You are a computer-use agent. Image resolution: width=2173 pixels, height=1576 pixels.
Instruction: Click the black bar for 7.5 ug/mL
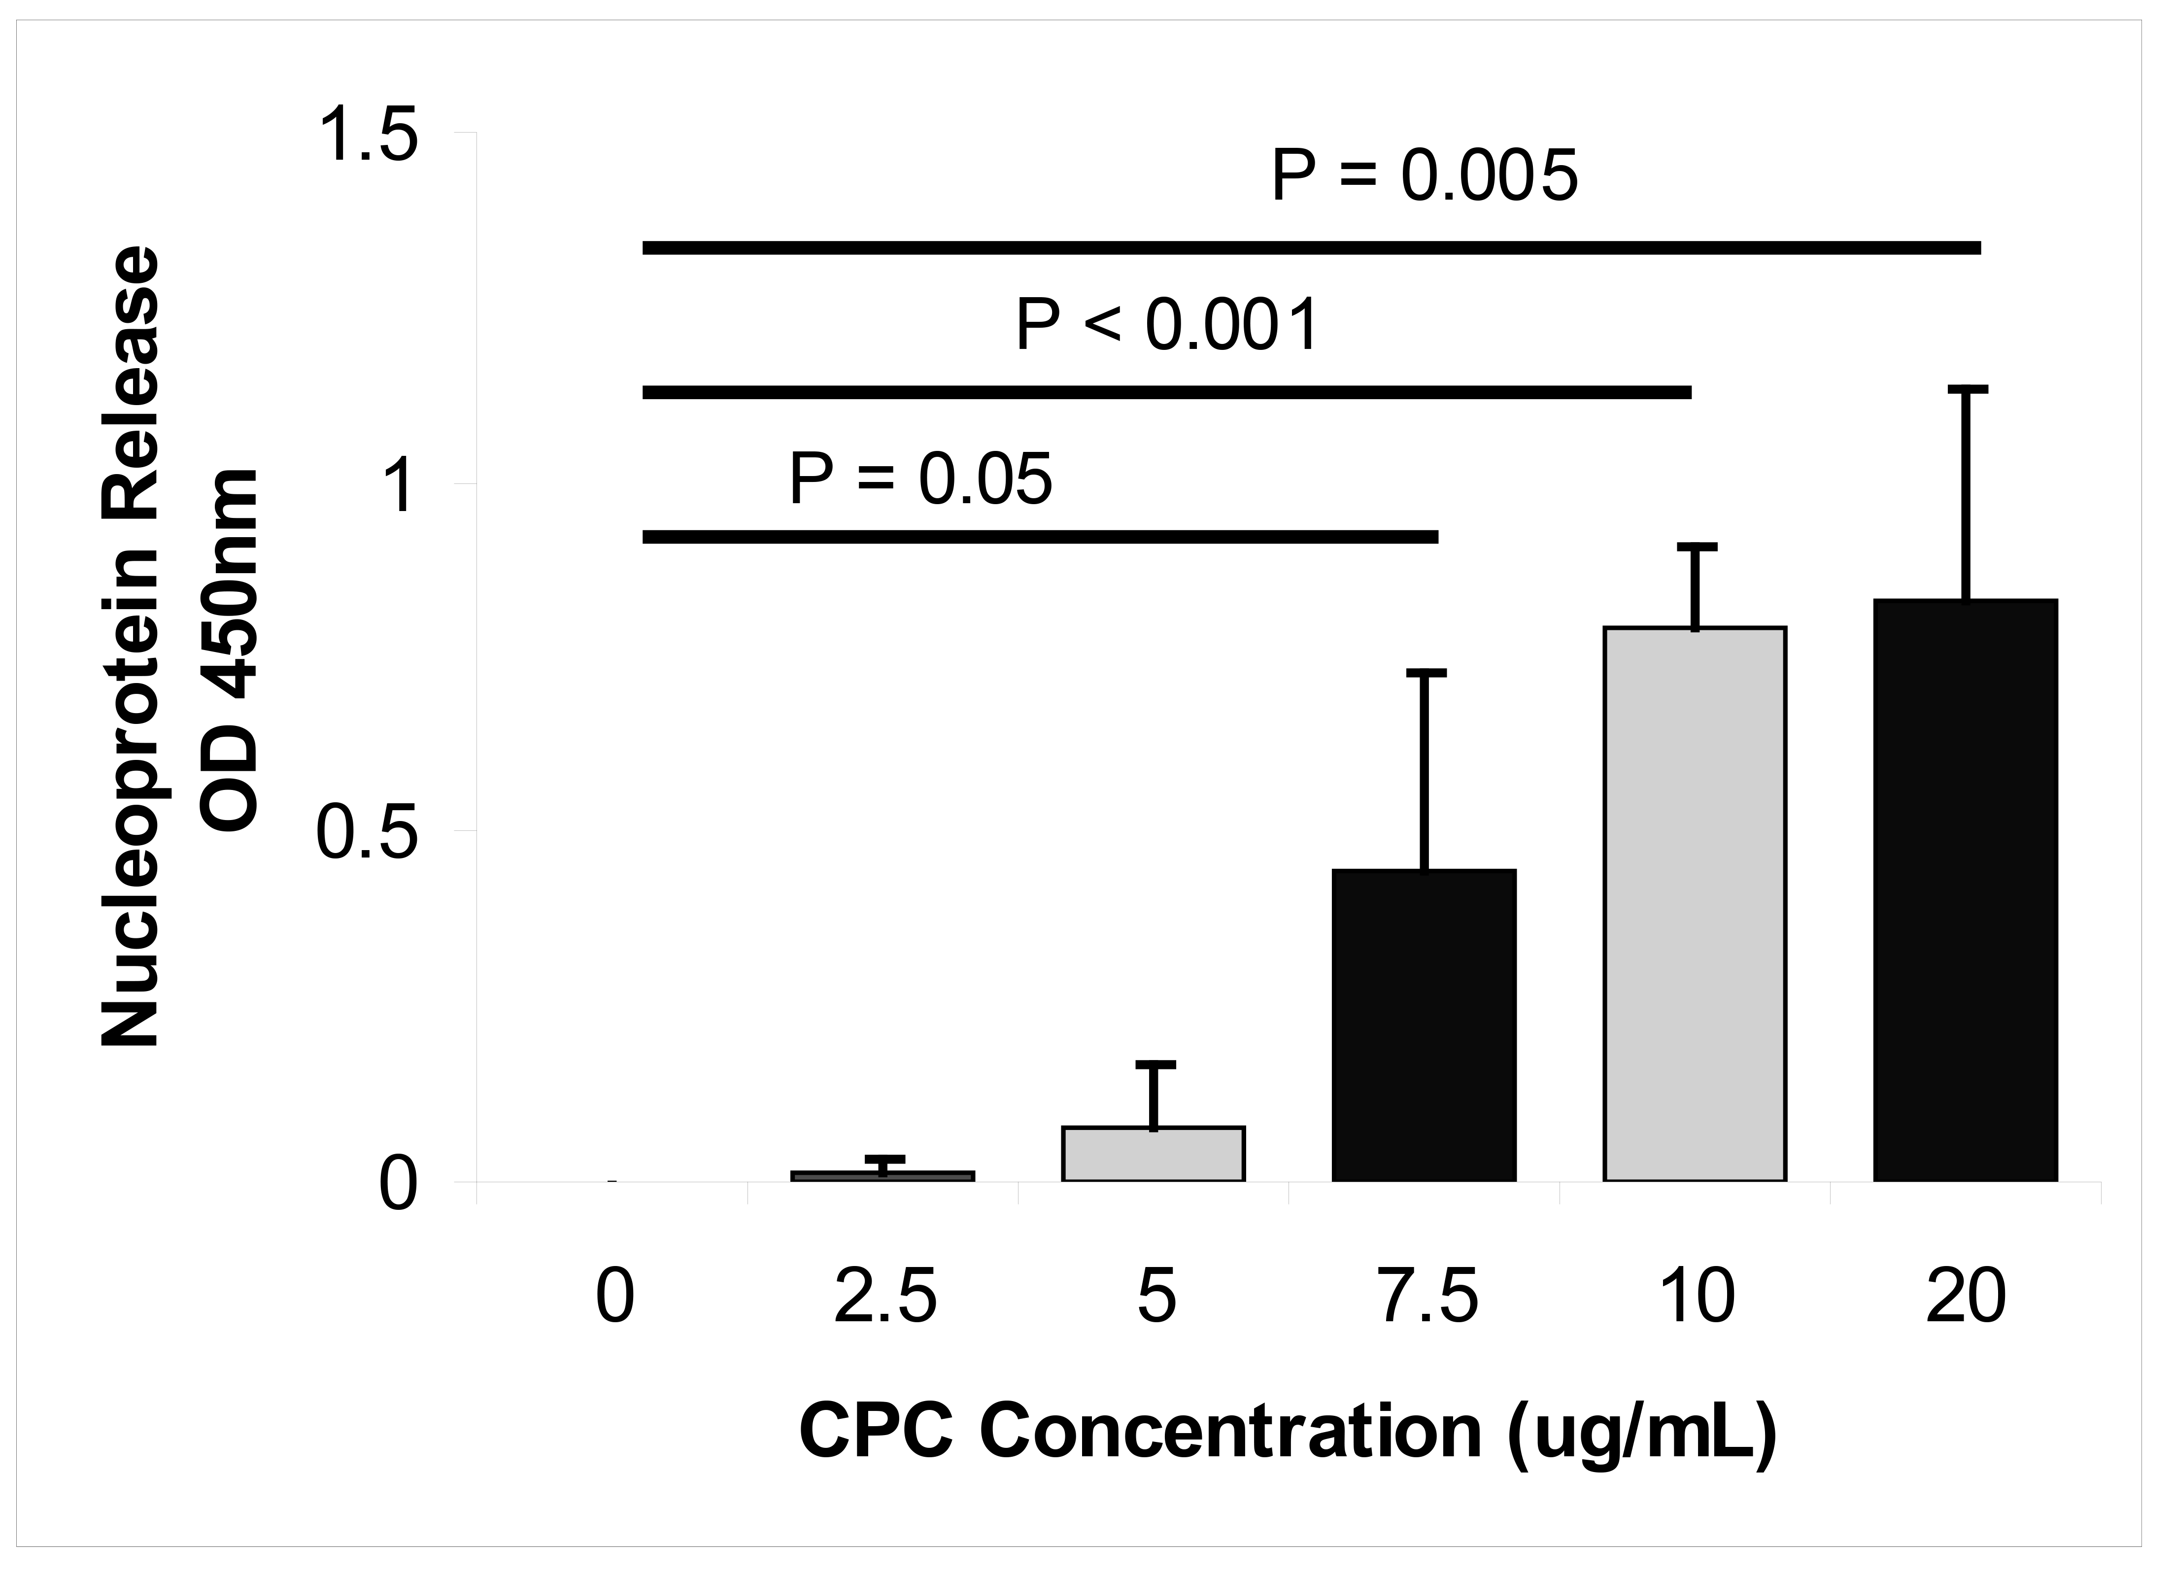[x=1424, y=1025]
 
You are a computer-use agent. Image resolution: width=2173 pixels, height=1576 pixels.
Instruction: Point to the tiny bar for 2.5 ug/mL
[x=883, y=1175]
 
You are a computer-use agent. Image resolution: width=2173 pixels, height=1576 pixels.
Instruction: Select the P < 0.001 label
[x=1168, y=327]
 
